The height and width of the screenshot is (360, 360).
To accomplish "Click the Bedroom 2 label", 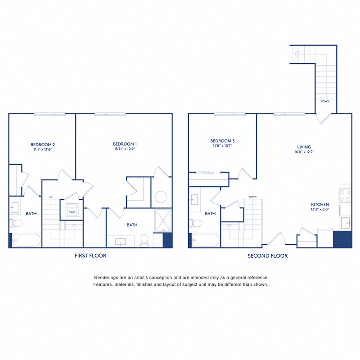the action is click(x=43, y=144).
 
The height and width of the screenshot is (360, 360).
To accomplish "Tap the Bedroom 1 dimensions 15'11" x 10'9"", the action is click(x=125, y=149).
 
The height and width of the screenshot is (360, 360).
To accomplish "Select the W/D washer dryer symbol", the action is click(x=72, y=210).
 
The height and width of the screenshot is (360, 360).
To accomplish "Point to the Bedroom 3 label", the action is click(x=222, y=141).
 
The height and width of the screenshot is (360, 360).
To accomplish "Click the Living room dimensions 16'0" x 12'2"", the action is click(x=304, y=152).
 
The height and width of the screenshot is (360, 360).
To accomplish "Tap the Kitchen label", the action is click(x=320, y=204).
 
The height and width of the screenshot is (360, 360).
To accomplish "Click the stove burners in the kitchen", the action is click(x=345, y=195).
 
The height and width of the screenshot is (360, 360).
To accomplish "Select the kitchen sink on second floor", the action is click(x=346, y=223).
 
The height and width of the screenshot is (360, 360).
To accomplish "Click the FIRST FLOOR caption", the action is click(x=90, y=256).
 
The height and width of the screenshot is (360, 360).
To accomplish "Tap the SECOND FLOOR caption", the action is click(x=267, y=256).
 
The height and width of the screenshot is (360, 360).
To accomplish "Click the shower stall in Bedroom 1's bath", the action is click(x=163, y=220).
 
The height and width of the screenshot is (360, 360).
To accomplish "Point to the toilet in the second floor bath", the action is click(x=195, y=223).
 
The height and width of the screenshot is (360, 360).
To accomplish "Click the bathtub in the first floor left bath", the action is click(x=26, y=240).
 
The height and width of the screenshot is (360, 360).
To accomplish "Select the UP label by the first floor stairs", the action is click(x=51, y=197).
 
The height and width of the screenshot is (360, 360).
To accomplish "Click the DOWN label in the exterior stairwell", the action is click(x=325, y=101).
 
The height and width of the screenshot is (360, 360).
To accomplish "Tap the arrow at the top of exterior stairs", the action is click(x=297, y=54).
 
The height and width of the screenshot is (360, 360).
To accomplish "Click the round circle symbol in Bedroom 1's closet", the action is click(x=161, y=197).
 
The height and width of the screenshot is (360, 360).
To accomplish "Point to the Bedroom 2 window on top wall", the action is click(x=49, y=114).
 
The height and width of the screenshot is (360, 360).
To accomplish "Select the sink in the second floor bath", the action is click(x=195, y=200).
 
